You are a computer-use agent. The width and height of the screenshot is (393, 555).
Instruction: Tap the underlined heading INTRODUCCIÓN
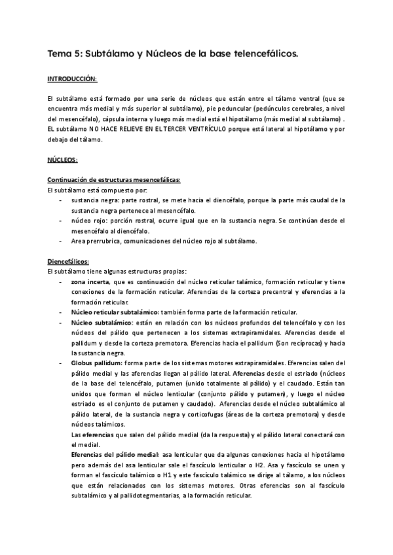click(72, 79)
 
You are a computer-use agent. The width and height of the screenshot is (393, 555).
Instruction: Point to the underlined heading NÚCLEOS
click(63, 159)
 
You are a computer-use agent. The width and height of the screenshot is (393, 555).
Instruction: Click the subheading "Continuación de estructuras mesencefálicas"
click(115, 180)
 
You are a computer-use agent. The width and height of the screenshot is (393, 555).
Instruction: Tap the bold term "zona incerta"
click(91, 281)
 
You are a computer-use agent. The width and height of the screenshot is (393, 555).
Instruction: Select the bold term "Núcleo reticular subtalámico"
click(111, 312)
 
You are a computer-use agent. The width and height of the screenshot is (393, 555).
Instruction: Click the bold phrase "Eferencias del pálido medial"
click(115, 454)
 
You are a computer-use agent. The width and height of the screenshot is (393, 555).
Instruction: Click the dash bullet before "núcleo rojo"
click(61, 221)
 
